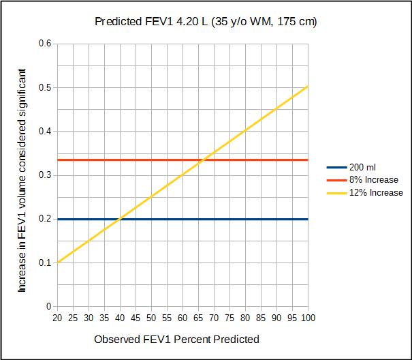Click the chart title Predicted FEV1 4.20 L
click(206, 22)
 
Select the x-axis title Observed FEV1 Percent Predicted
click(176, 339)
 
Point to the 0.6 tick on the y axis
click(46, 44)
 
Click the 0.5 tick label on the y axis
click(46, 87)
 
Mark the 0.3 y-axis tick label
click(46, 175)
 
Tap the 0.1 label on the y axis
click(46, 262)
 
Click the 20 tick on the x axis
click(57, 318)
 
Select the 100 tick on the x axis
click(308, 318)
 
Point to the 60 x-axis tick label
click(183, 318)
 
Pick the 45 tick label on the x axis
click(136, 318)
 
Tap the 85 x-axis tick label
click(261, 318)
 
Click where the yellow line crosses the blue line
click(120, 219)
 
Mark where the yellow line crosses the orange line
click(203, 160)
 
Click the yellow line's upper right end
click(308, 87)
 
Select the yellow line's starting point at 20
click(58, 262)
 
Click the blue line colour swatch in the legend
click(337, 167)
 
